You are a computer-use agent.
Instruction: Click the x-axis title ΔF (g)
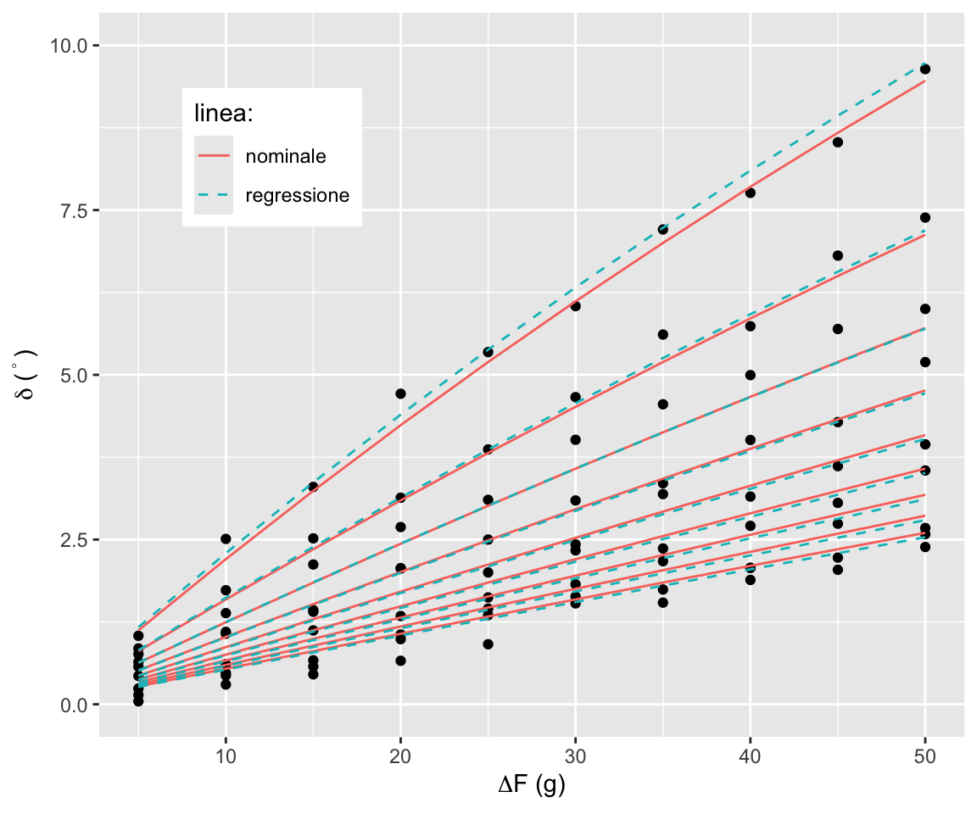tap(532, 786)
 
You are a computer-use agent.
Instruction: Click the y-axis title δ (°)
tap(28, 374)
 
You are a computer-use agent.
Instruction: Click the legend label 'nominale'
tap(286, 156)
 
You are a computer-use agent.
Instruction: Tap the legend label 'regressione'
tap(298, 195)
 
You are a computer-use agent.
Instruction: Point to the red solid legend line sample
tap(213, 156)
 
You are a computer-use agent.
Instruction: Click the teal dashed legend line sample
tap(213, 195)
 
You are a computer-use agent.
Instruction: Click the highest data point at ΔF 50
tap(925, 69)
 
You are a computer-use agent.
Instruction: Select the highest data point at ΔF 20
tap(400, 393)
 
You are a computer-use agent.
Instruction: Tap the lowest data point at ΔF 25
tap(488, 644)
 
